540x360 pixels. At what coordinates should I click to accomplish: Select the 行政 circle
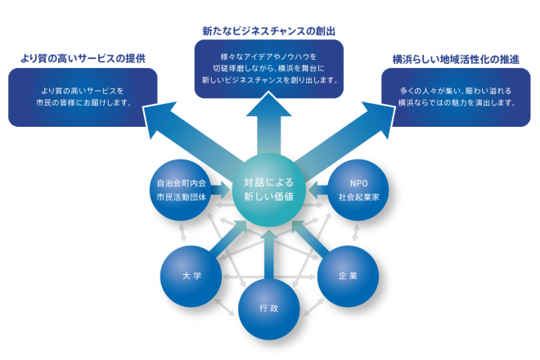click(x=269, y=308)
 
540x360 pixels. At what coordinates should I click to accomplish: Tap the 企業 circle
click(x=348, y=274)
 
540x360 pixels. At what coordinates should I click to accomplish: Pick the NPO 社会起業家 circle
click(x=358, y=190)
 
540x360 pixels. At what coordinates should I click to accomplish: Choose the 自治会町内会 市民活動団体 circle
click(x=182, y=190)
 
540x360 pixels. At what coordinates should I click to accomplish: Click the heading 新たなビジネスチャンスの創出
click(x=269, y=31)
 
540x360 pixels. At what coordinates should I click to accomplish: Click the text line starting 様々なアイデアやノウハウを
click(x=269, y=56)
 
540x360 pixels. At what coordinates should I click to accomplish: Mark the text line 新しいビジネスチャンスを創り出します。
click(x=269, y=80)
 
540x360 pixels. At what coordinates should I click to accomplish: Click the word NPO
click(x=358, y=182)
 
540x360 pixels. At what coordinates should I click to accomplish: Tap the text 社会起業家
click(x=358, y=197)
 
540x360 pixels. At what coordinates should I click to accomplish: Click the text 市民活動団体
click(x=182, y=197)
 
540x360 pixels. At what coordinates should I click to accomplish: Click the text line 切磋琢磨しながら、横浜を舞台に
click(x=269, y=68)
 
